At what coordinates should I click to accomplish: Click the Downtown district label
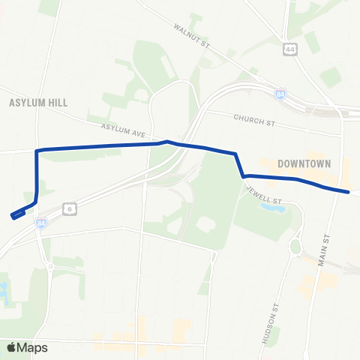click(304, 163)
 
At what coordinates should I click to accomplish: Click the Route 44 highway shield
click(289, 49)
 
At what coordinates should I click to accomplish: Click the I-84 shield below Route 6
click(40, 223)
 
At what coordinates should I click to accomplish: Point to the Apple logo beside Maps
click(11, 347)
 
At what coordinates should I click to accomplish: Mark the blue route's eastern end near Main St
click(349, 192)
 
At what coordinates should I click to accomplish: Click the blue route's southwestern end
click(14, 216)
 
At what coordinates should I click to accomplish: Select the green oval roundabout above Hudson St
click(295, 246)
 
